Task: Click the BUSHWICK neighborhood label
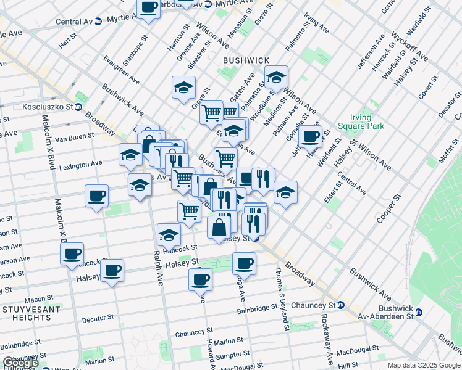[246, 60]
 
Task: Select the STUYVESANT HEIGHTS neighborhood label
[26, 313]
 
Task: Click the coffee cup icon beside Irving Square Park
[311, 136]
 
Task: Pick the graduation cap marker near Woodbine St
[276, 77]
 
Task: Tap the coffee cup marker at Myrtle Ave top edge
[148, 8]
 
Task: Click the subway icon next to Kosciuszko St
[78, 107]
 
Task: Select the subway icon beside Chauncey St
[340, 305]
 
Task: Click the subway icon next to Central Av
[98, 21]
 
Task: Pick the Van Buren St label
[74, 136]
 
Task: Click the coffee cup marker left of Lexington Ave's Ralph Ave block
[96, 196]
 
